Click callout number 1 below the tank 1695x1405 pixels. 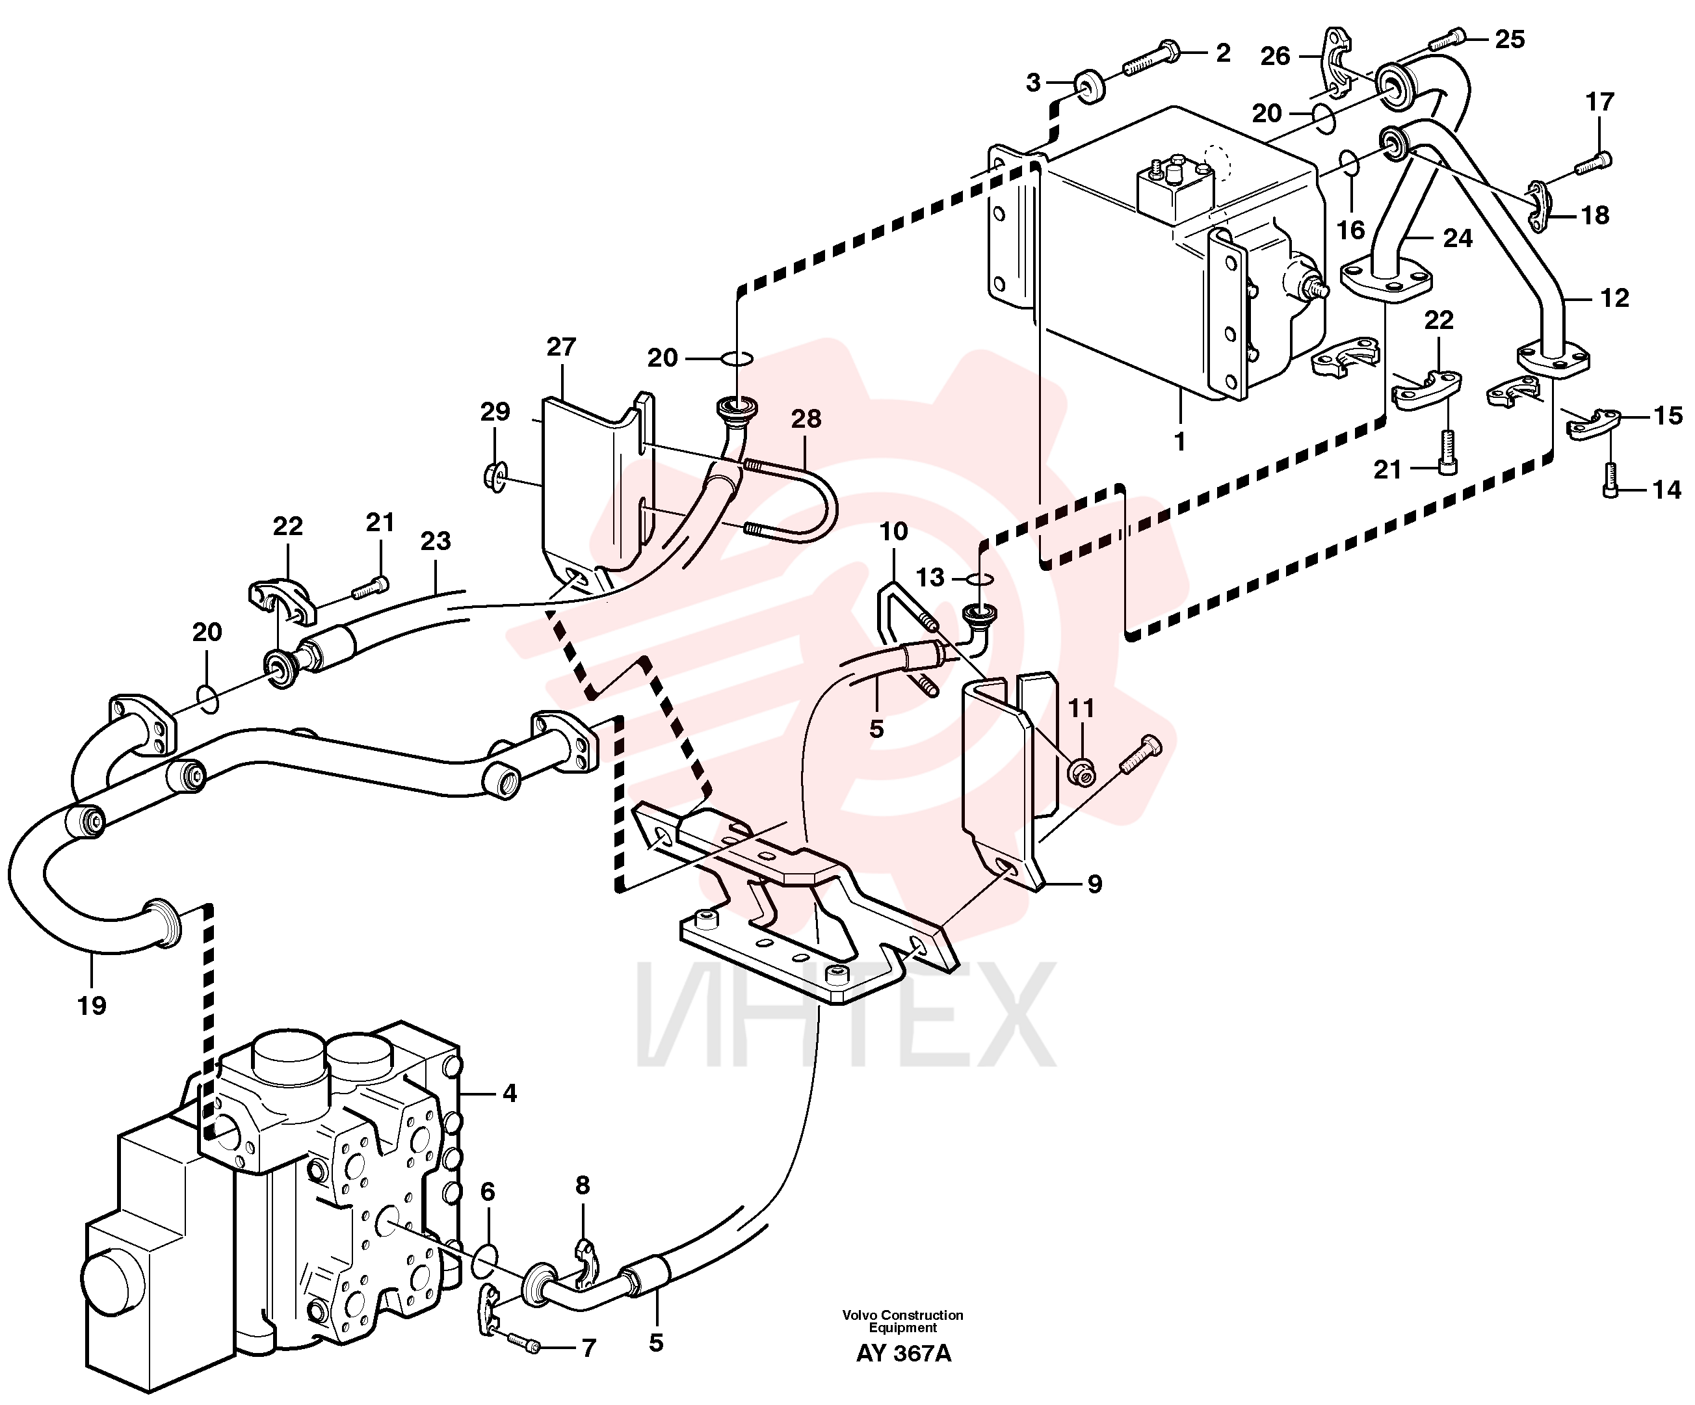point(1180,442)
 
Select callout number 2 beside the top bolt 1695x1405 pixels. point(1223,53)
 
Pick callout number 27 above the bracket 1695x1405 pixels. point(560,347)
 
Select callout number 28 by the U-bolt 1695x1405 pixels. point(806,418)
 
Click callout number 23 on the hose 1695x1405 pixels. point(435,541)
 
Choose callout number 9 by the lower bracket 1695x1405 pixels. point(1094,884)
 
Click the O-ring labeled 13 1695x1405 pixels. point(979,579)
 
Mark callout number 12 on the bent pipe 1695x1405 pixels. point(1614,298)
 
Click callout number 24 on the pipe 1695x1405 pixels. point(1458,238)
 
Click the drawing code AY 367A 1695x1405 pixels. point(903,1354)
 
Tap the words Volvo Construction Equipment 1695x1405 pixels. point(902,1321)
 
